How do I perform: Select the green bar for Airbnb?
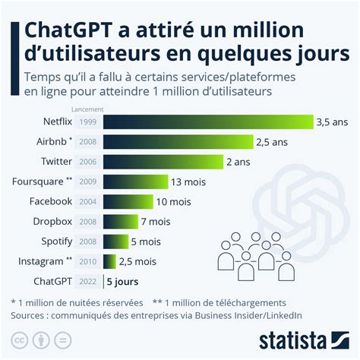point(190,141)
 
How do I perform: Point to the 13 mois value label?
point(189,182)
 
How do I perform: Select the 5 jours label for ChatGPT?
point(122,282)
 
